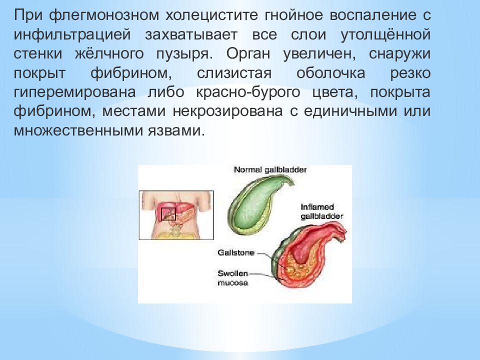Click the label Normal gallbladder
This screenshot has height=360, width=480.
270,170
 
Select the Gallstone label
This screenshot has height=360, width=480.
235,253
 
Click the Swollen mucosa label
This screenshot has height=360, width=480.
233,277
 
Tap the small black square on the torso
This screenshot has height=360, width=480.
168,213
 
